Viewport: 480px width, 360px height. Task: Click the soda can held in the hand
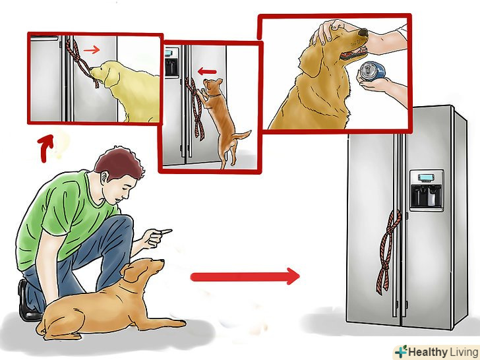click(x=373, y=72)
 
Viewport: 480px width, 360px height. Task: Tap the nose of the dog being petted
click(x=363, y=32)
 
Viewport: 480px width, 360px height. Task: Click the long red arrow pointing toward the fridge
click(x=245, y=276)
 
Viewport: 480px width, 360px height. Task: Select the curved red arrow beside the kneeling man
click(x=45, y=148)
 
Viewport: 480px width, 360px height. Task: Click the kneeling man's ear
click(x=105, y=177)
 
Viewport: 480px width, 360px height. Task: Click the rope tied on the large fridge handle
click(x=388, y=251)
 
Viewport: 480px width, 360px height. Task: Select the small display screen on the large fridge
click(x=425, y=177)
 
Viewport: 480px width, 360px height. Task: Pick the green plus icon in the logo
click(x=401, y=351)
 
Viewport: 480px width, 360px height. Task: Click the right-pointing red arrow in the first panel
click(x=92, y=49)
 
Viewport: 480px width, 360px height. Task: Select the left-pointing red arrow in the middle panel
click(x=207, y=72)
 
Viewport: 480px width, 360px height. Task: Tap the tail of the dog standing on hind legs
click(x=242, y=135)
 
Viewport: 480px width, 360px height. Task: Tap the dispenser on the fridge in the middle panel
click(x=171, y=65)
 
